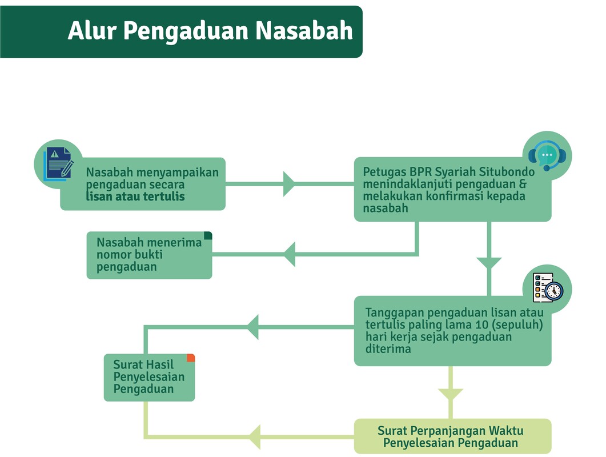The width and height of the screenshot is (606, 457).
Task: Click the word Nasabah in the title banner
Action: pos(304,31)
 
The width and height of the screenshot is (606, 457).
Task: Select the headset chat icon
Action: pos(547,155)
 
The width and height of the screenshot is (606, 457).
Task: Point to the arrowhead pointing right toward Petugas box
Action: pos(289,184)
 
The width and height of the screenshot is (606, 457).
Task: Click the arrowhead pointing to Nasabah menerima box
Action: pos(289,254)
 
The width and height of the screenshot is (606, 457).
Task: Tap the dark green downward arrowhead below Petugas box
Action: pos(489,263)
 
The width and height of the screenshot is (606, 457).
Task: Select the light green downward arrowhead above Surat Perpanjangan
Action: pos(451,395)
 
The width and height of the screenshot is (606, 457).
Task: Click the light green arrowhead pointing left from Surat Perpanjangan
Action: pos(255,437)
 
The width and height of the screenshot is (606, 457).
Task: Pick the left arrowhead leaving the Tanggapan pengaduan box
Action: pos(253,327)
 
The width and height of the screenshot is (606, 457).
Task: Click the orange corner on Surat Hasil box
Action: pos(191,358)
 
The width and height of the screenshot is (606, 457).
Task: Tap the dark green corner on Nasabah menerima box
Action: pos(208,235)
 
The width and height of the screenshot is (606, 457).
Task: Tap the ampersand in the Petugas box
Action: pos(521,185)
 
